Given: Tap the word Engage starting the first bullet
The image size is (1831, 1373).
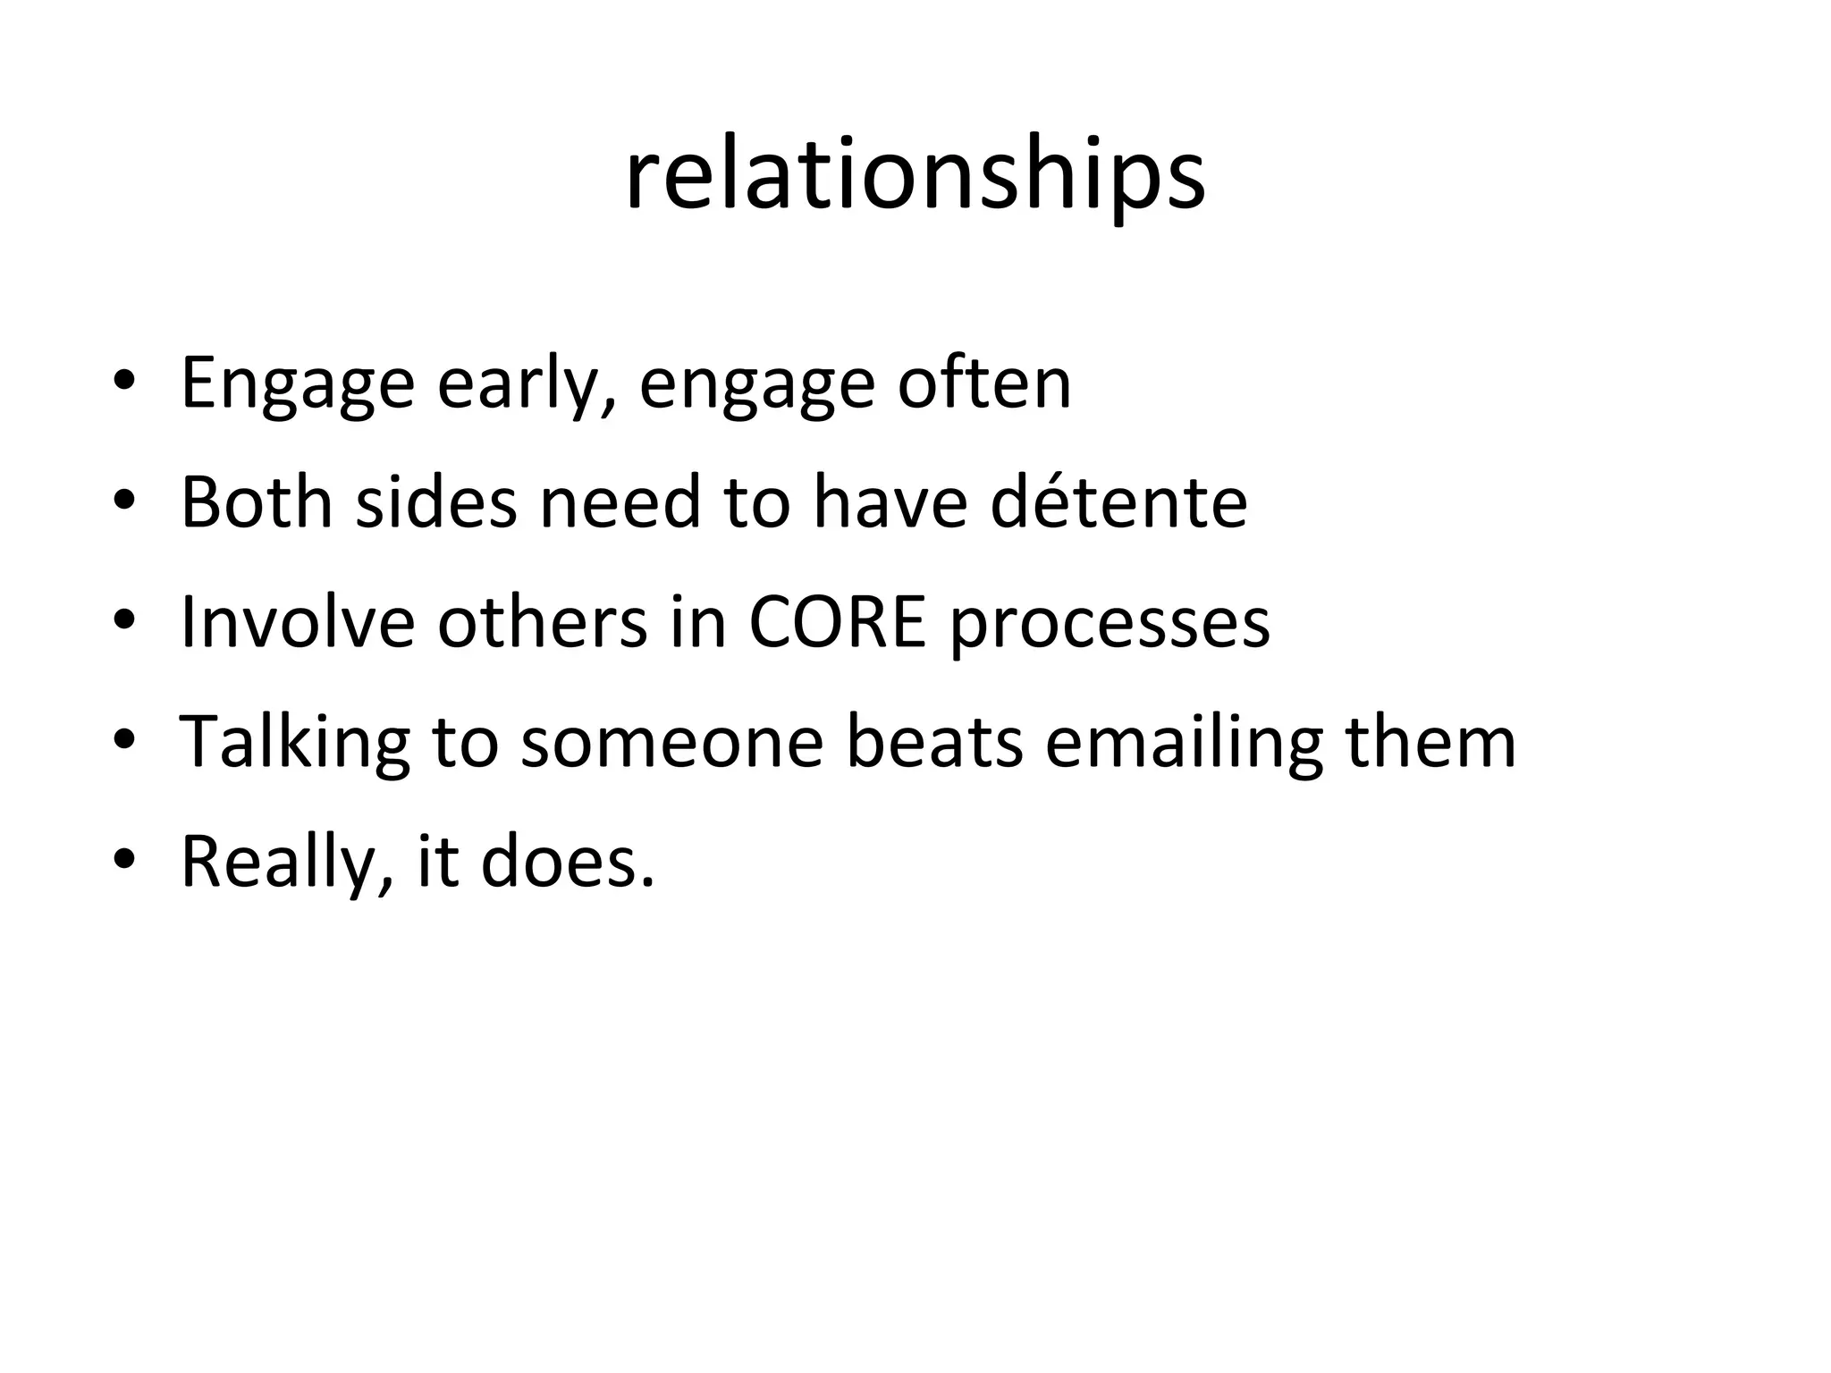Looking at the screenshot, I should click(298, 384).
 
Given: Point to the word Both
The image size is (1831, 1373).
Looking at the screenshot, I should click(257, 502).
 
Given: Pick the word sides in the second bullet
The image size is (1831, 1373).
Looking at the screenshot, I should click(436, 502).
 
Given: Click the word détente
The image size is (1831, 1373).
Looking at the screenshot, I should click(1118, 502).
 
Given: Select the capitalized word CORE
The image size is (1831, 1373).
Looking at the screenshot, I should click(837, 622).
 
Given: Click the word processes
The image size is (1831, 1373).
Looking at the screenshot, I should click(1109, 624).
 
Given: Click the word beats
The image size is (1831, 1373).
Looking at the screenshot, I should click(934, 742).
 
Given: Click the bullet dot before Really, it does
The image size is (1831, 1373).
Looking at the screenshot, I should click(124, 860).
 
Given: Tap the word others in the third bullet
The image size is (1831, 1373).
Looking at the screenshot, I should click(542, 622).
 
